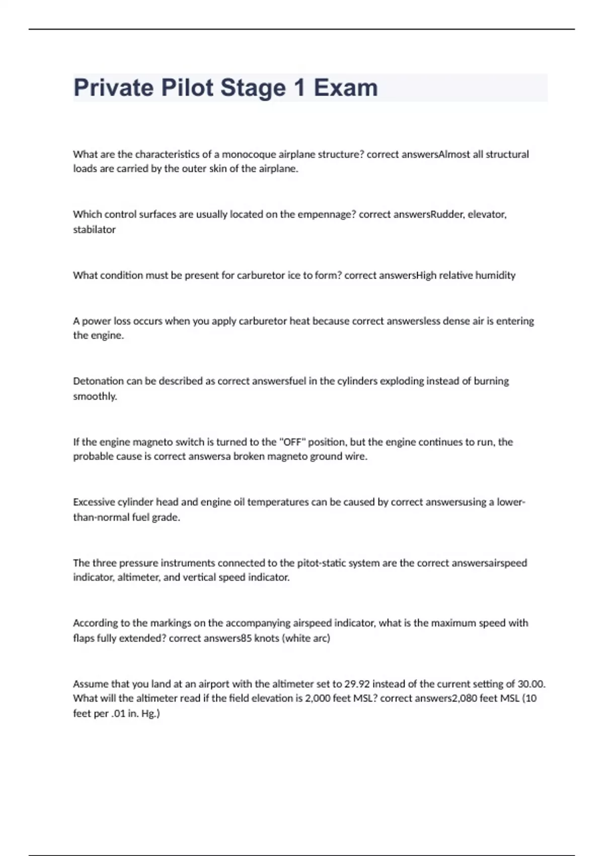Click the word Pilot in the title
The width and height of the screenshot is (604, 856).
coord(187,88)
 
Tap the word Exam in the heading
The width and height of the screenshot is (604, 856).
coord(346,88)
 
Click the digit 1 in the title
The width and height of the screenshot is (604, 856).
coord(299,88)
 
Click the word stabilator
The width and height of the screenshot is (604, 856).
coord(94,230)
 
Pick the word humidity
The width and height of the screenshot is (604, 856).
coord(495,275)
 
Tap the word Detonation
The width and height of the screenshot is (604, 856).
coord(98,381)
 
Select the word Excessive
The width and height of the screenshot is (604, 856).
coord(94,502)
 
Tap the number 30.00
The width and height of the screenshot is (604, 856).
coord(532,684)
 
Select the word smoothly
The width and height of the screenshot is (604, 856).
coord(95,396)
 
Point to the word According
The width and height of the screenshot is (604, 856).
coord(95,623)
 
